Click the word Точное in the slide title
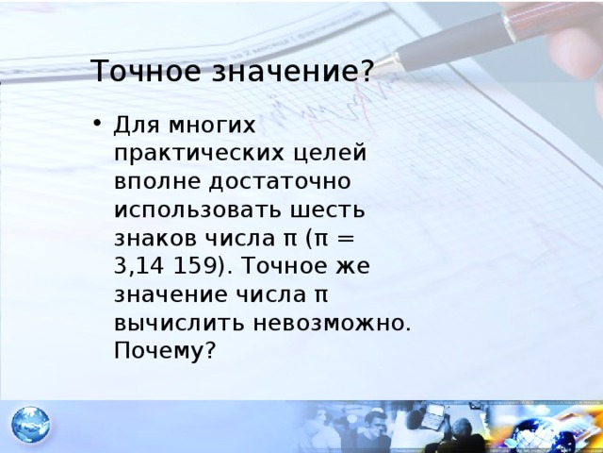[x=146, y=71]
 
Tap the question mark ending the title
[x=367, y=70]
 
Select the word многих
[x=211, y=126]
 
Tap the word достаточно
[x=280, y=181]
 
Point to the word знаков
[x=155, y=239]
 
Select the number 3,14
[x=139, y=266]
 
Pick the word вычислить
[x=179, y=323]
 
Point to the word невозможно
[x=332, y=323]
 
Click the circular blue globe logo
[x=31, y=425]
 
